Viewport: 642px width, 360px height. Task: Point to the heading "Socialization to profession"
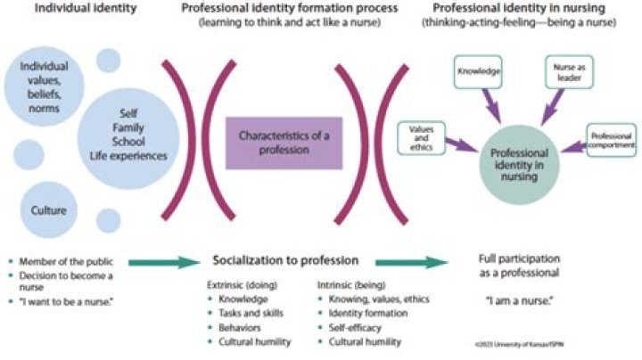tap(284, 261)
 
